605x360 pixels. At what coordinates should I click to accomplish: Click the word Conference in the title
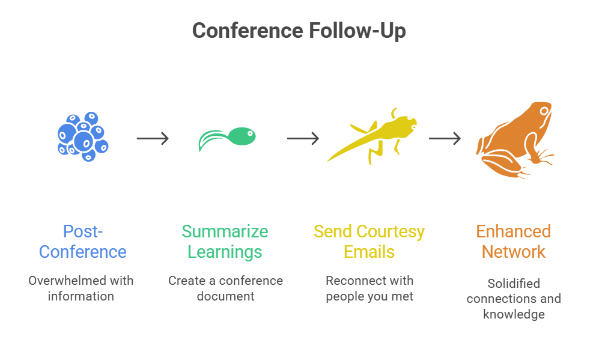point(248,31)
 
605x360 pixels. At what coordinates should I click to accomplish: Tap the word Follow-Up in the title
point(357,31)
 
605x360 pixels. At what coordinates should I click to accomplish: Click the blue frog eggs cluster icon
point(83,136)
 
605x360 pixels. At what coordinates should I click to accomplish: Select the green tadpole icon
point(227,138)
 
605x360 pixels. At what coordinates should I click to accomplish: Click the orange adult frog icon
point(514,140)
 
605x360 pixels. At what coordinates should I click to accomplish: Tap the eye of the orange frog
point(544,111)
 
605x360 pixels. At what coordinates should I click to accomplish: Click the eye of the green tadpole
point(250,134)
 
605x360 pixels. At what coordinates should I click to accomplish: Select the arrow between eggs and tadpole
point(153,138)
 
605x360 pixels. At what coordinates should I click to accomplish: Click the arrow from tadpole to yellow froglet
point(303,138)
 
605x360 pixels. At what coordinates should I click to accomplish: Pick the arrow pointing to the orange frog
point(445,138)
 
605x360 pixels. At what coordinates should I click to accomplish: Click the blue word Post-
point(83,231)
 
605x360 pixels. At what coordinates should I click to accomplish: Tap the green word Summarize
point(225,231)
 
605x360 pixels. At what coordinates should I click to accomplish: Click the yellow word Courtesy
point(391,232)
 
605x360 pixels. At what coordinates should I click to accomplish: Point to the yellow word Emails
point(369,252)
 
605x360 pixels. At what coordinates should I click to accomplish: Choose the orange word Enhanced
point(514,231)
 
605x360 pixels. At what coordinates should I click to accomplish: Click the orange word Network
point(514,252)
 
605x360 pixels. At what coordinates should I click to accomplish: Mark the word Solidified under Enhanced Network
point(514,284)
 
